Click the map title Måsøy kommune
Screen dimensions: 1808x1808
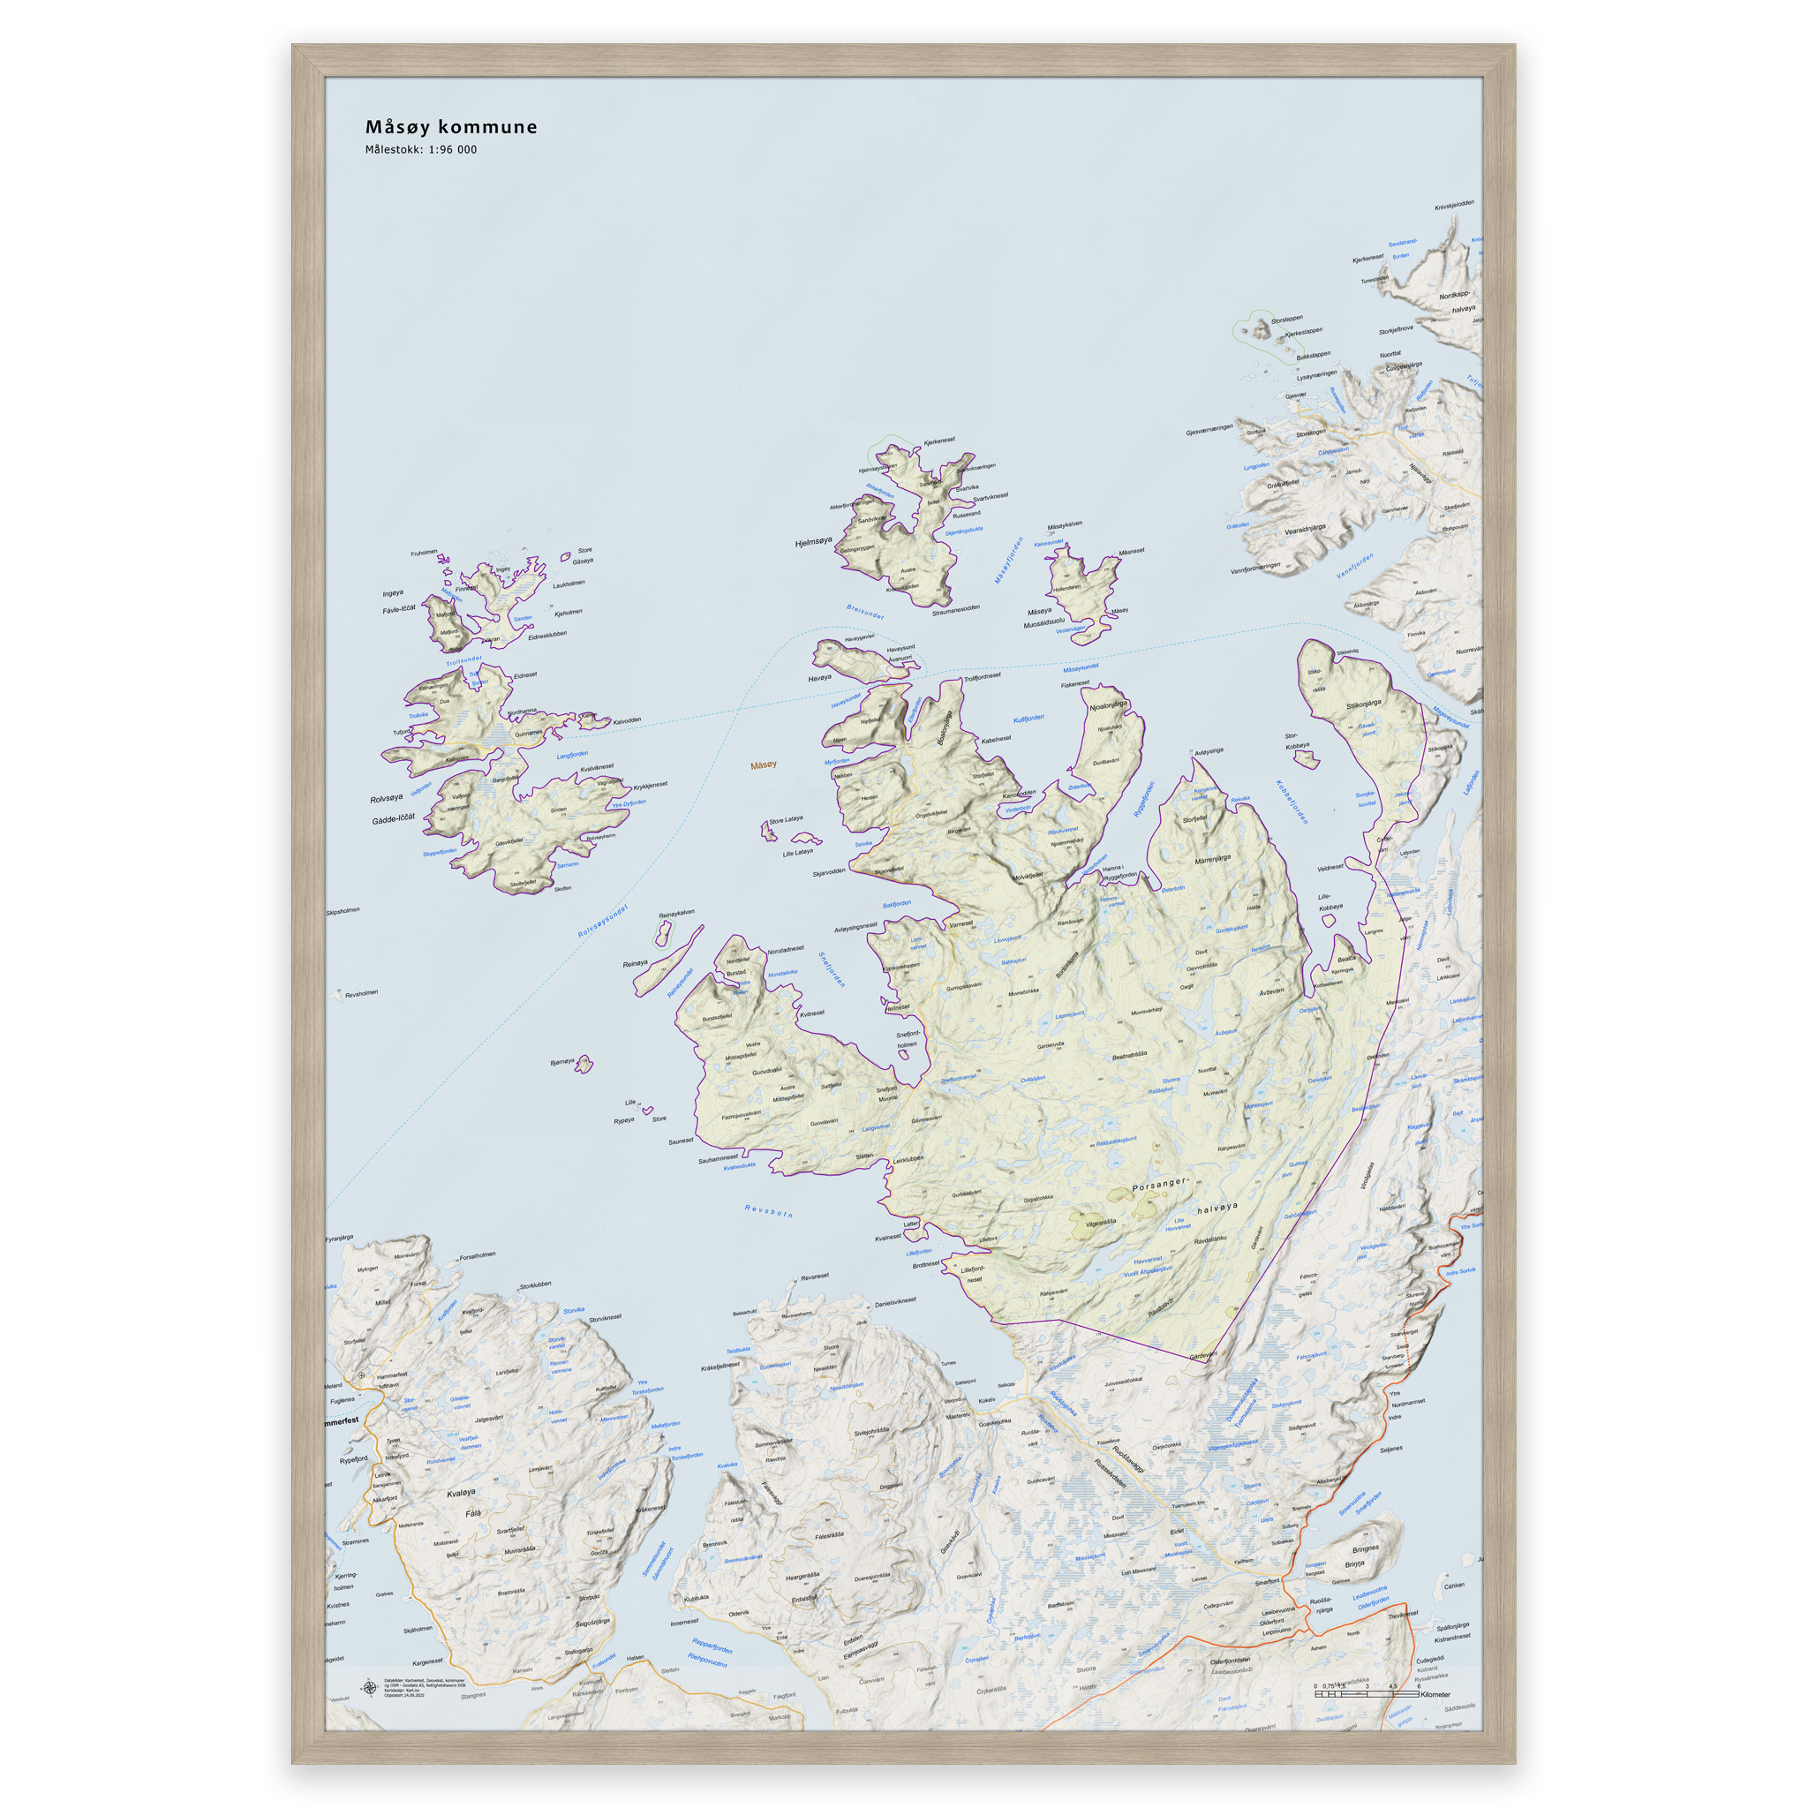click(451, 127)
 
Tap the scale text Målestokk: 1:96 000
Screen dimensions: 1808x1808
click(420, 150)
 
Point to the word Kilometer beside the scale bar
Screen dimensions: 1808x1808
click(1435, 1695)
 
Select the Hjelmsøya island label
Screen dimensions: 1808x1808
click(813, 542)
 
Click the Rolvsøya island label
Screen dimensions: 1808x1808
click(387, 798)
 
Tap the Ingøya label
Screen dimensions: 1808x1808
click(393, 593)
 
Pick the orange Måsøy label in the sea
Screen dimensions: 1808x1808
click(764, 765)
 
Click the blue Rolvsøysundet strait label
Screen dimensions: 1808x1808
click(603, 921)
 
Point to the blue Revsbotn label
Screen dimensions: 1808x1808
click(768, 1212)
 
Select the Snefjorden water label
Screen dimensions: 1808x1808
click(831, 969)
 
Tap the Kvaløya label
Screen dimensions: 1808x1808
click(462, 1493)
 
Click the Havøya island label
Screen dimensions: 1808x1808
click(819, 677)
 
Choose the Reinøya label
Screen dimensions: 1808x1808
click(635, 964)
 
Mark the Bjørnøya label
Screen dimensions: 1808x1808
click(562, 1061)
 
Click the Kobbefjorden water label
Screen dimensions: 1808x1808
click(1292, 801)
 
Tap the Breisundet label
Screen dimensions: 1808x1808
click(864, 612)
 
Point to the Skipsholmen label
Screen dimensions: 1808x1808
click(343, 910)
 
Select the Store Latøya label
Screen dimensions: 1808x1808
click(786, 819)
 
